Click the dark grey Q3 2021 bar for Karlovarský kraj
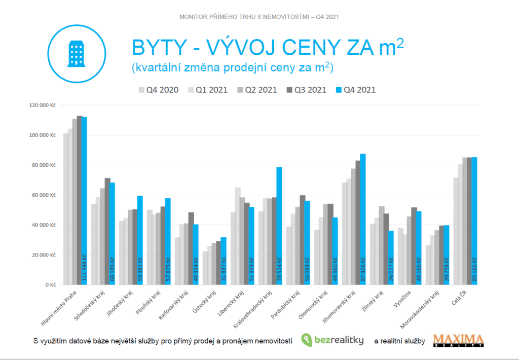click(x=191, y=248)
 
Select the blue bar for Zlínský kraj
click(x=390, y=254)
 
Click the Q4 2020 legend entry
click(x=159, y=90)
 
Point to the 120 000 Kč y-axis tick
click(x=43, y=105)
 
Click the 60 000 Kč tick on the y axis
click(x=45, y=195)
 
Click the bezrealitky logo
click(x=332, y=340)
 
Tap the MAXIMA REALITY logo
click(x=458, y=340)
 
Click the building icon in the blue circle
click(x=76, y=53)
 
